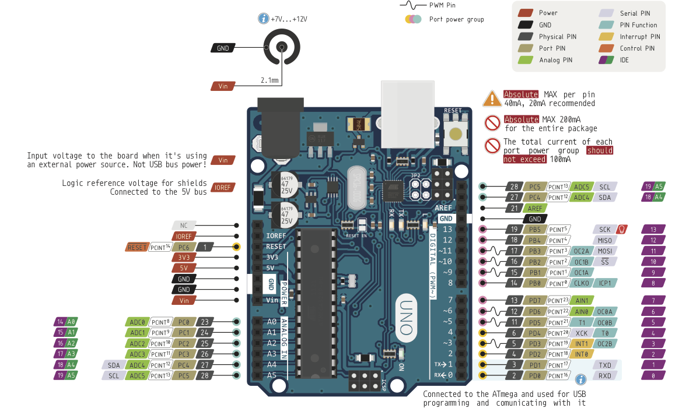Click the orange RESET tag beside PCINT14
137,247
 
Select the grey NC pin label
184,225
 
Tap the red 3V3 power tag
184,258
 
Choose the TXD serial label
605,365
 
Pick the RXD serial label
605,376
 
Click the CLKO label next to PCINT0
581,283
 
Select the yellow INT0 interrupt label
581,354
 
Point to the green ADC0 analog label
138,322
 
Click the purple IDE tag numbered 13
653,230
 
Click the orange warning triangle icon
491,99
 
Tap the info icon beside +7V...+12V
263,19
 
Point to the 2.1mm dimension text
269,80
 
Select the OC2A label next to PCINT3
581,251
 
